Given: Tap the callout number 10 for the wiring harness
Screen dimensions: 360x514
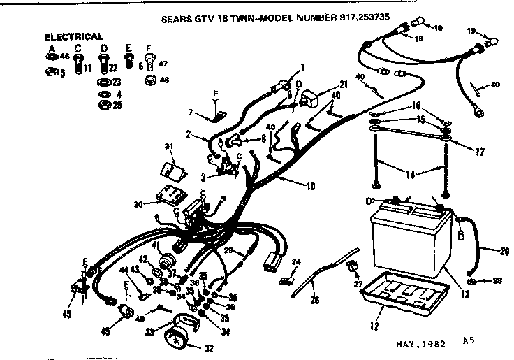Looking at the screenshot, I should tap(309, 186).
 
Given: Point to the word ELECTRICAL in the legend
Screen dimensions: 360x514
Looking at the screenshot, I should tap(74, 36).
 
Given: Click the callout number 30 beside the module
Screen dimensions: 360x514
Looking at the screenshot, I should tap(139, 205).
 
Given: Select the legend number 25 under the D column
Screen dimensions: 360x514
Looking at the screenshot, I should tap(117, 105).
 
